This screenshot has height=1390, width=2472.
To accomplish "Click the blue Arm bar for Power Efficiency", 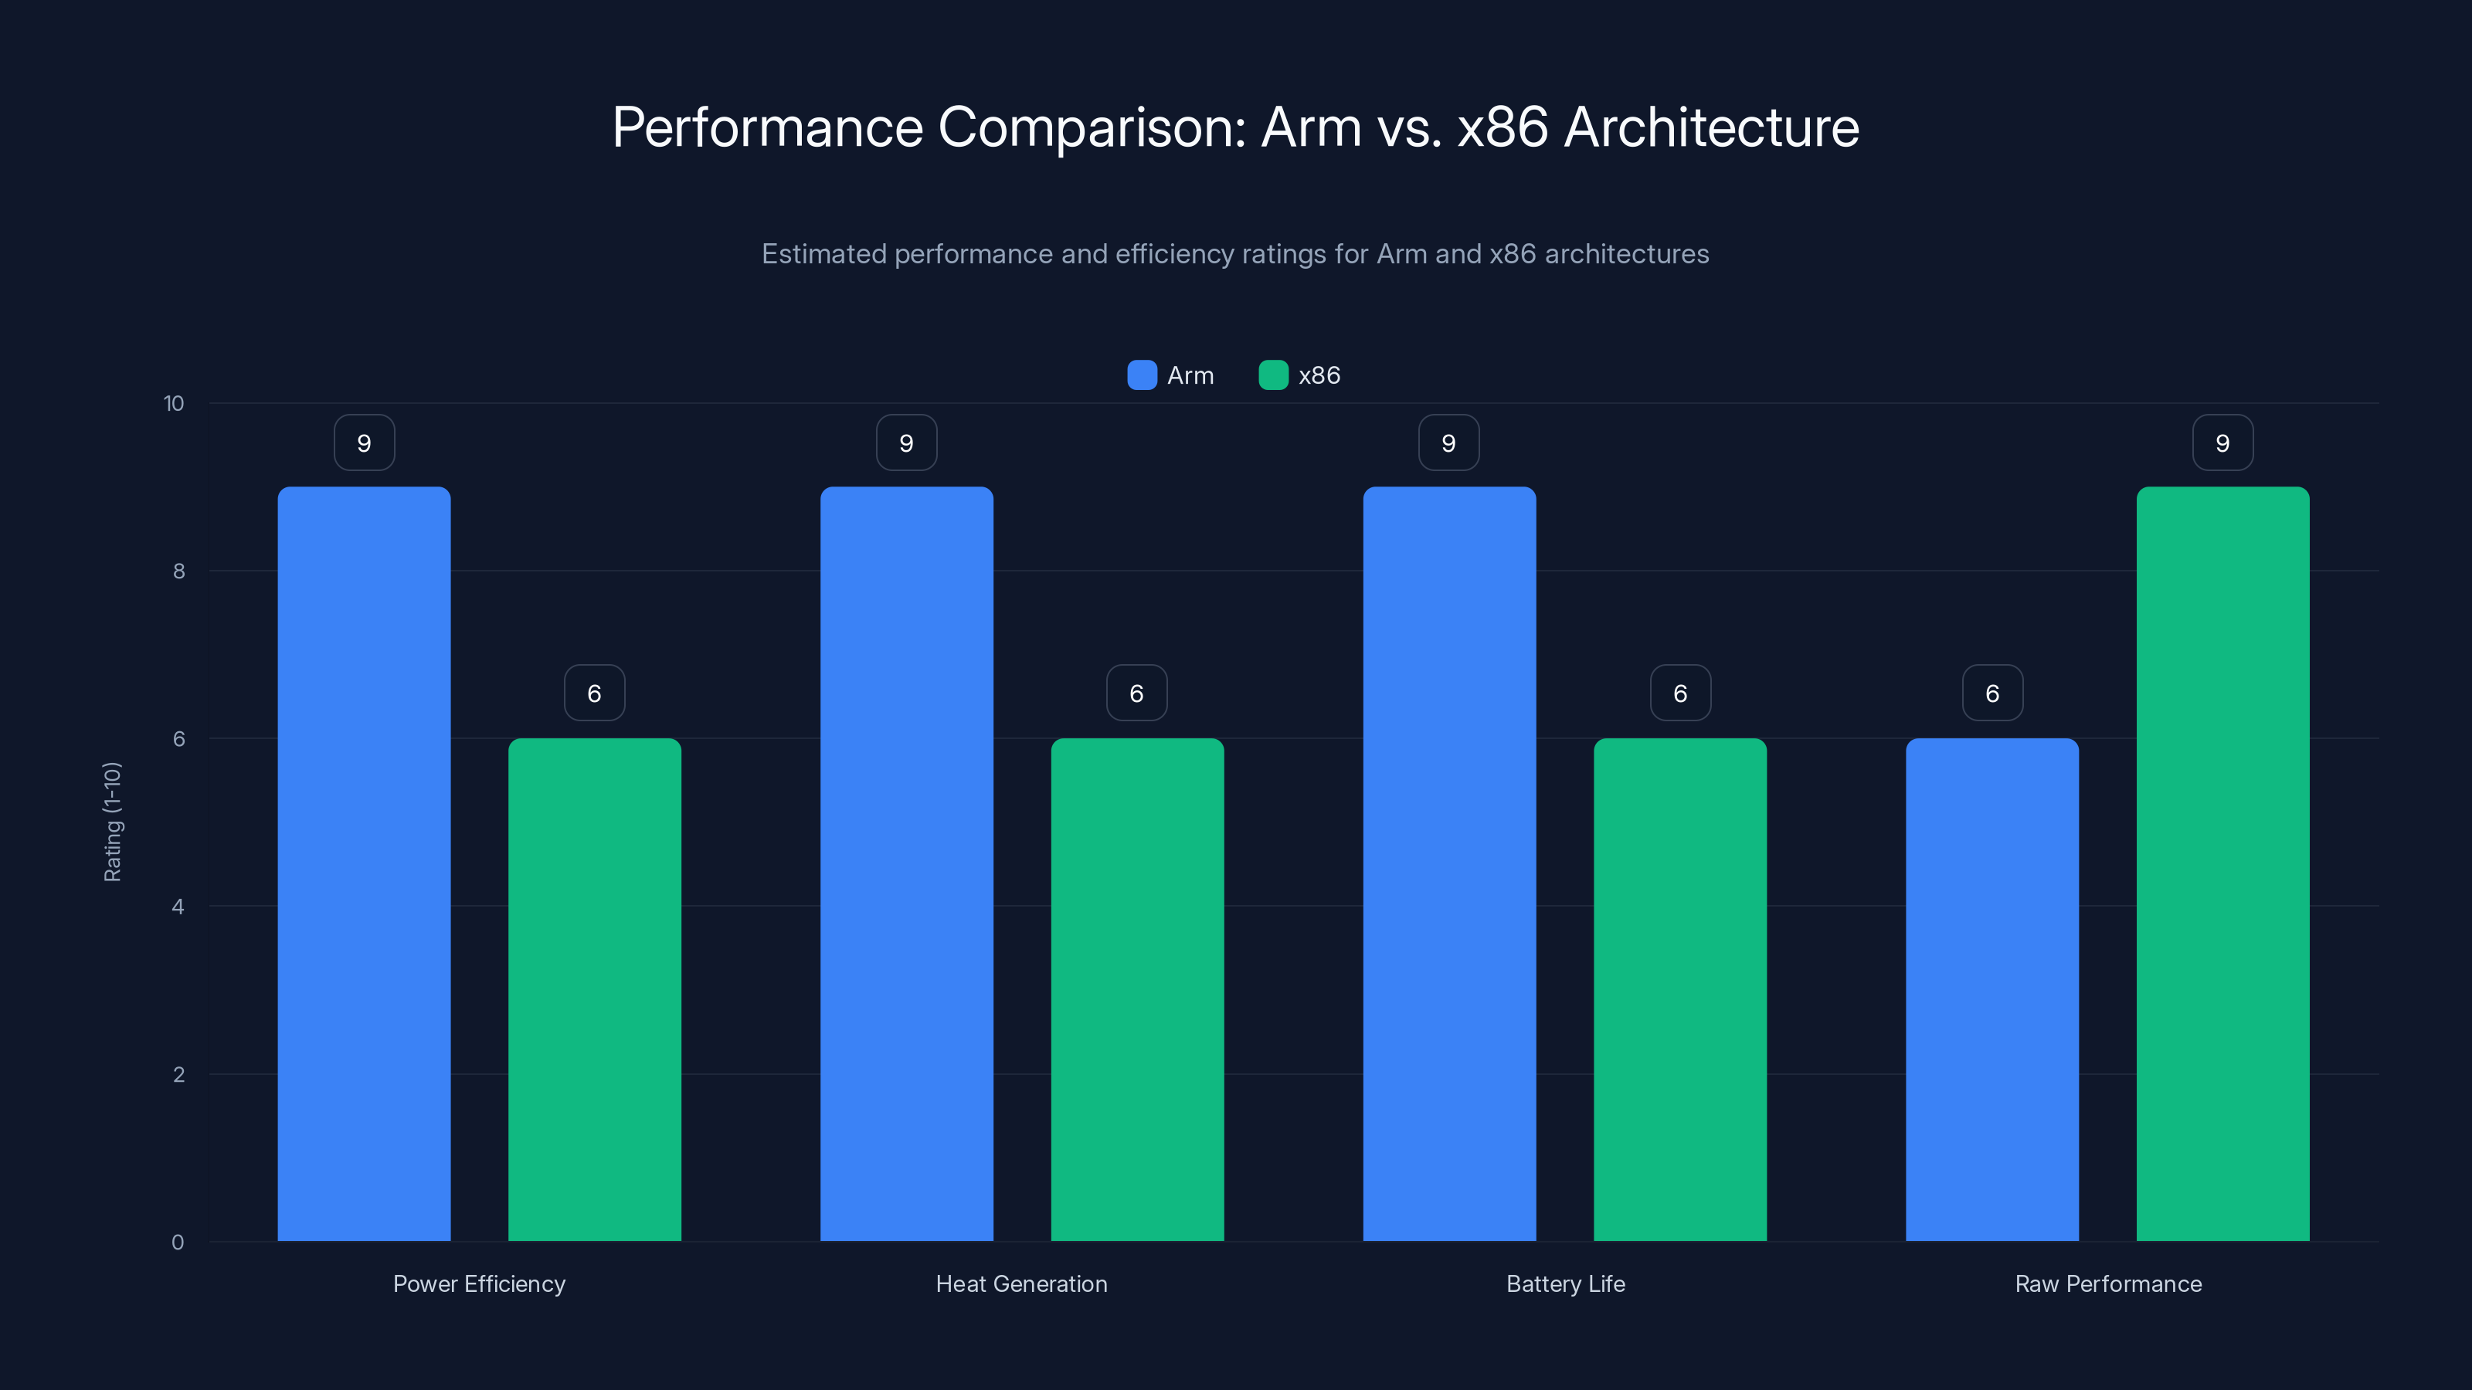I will click(364, 863).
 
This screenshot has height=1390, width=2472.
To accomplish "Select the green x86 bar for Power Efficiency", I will click(594, 989).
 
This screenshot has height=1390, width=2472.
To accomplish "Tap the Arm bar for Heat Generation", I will click(906, 863).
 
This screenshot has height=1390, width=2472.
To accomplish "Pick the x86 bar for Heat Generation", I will click(1137, 989).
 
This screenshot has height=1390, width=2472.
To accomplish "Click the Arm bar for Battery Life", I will click(1449, 863).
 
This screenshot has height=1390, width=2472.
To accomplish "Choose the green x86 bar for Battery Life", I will click(1679, 989).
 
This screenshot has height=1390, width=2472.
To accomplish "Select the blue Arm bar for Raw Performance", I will click(1992, 989).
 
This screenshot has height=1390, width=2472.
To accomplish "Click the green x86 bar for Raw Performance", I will click(2222, 863).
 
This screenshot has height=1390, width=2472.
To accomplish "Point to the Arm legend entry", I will click(1171, 375).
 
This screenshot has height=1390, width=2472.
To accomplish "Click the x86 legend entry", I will click(1300, 375).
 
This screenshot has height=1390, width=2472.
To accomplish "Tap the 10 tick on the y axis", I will click(174, 404).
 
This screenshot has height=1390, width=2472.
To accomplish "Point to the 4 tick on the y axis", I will click(178, 907).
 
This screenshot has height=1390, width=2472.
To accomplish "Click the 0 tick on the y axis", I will click(178, 1243).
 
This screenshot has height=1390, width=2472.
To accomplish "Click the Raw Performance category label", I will click(2107, 1283).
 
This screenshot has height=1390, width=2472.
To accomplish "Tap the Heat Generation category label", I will click(1021, 1283).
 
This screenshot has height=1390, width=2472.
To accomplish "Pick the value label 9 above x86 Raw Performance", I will click(2222, 443).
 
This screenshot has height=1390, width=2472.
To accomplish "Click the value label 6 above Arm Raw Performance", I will click(1992, 693).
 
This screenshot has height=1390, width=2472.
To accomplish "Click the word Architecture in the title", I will click(1711, 127).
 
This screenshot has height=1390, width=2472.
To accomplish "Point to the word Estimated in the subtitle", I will click(823, 254).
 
